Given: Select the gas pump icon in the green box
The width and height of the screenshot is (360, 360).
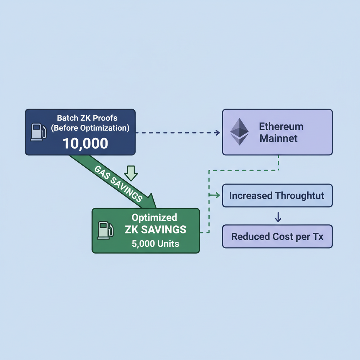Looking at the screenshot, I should pos(105,230).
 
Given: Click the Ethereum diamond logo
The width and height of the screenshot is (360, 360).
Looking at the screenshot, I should pos(239,132).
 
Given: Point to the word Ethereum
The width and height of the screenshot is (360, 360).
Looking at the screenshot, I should pos(281,126).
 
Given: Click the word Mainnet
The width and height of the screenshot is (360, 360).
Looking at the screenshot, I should pos(278,138).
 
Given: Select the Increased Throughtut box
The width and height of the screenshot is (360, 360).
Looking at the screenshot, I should pos(277,195).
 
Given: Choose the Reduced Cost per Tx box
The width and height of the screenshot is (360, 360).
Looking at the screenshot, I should pos(277,236).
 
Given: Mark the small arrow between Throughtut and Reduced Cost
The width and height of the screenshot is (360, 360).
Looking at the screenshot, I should pos(278,217).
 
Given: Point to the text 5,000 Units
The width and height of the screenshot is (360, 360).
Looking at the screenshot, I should pos(155,243).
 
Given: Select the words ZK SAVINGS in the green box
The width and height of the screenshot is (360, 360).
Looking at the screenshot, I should pos(155,230).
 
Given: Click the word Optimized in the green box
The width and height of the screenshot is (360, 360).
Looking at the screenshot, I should pos(154,217).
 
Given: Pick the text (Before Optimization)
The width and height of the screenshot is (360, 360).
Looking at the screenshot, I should pos(90,128).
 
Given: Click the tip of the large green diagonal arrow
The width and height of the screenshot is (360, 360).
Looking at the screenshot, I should pos(155,206).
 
